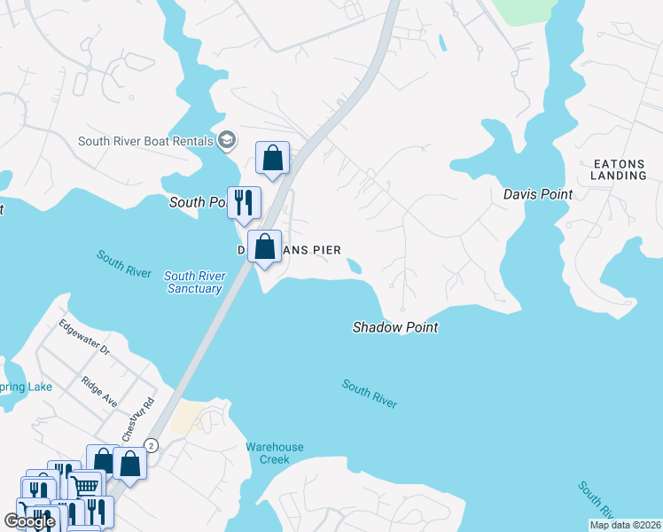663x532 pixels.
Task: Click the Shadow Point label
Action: coord(395,327)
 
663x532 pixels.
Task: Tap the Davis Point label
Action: coord(538,194)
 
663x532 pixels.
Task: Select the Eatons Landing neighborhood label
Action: coord(620,169)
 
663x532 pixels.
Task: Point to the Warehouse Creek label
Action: coord(274,453)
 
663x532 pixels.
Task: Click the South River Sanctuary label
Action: coord(192,282)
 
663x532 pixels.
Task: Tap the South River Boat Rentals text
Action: coord(145,141)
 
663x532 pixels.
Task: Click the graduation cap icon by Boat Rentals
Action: coord(228,140)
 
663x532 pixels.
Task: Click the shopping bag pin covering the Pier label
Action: coord(264,246)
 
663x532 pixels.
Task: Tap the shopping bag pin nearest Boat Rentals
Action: coord(273,158)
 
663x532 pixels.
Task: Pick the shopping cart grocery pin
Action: coord(84,486)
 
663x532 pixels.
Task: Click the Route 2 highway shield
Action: coord(152,446)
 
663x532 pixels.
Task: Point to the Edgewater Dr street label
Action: coord(85,337)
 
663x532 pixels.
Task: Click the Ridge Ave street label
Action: coord(98,390)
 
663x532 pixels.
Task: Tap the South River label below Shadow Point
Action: coord(370,394)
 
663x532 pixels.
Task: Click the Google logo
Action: coord(29,521)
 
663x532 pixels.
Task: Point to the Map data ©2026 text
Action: coord(624,525)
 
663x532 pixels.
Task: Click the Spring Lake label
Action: coord(27,387)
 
